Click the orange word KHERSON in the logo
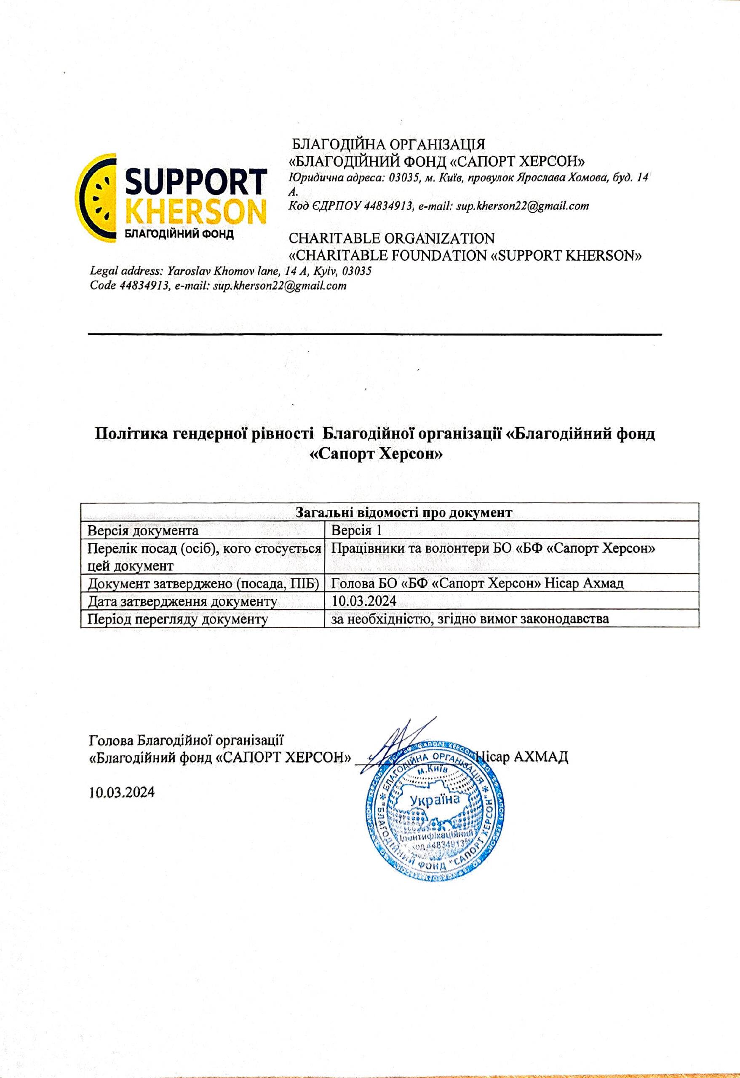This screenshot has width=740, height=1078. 196,213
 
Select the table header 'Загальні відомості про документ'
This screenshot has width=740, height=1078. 390,513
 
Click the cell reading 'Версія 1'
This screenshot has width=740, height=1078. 356,530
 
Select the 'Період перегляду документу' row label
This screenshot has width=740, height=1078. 178,619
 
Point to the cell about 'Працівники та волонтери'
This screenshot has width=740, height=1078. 493,549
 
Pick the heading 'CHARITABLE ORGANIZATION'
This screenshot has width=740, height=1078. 391,238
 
